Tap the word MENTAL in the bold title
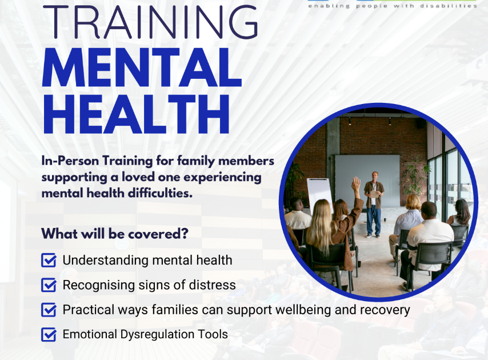coord(142,71)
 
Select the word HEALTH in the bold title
coord(136,114)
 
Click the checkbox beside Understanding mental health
coord(49,261)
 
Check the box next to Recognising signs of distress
coord(49,285)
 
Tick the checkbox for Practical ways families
coord(49,310)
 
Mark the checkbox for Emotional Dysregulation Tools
coord(49,334)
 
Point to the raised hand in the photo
coord(356,185)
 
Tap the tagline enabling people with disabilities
coord(392,6)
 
